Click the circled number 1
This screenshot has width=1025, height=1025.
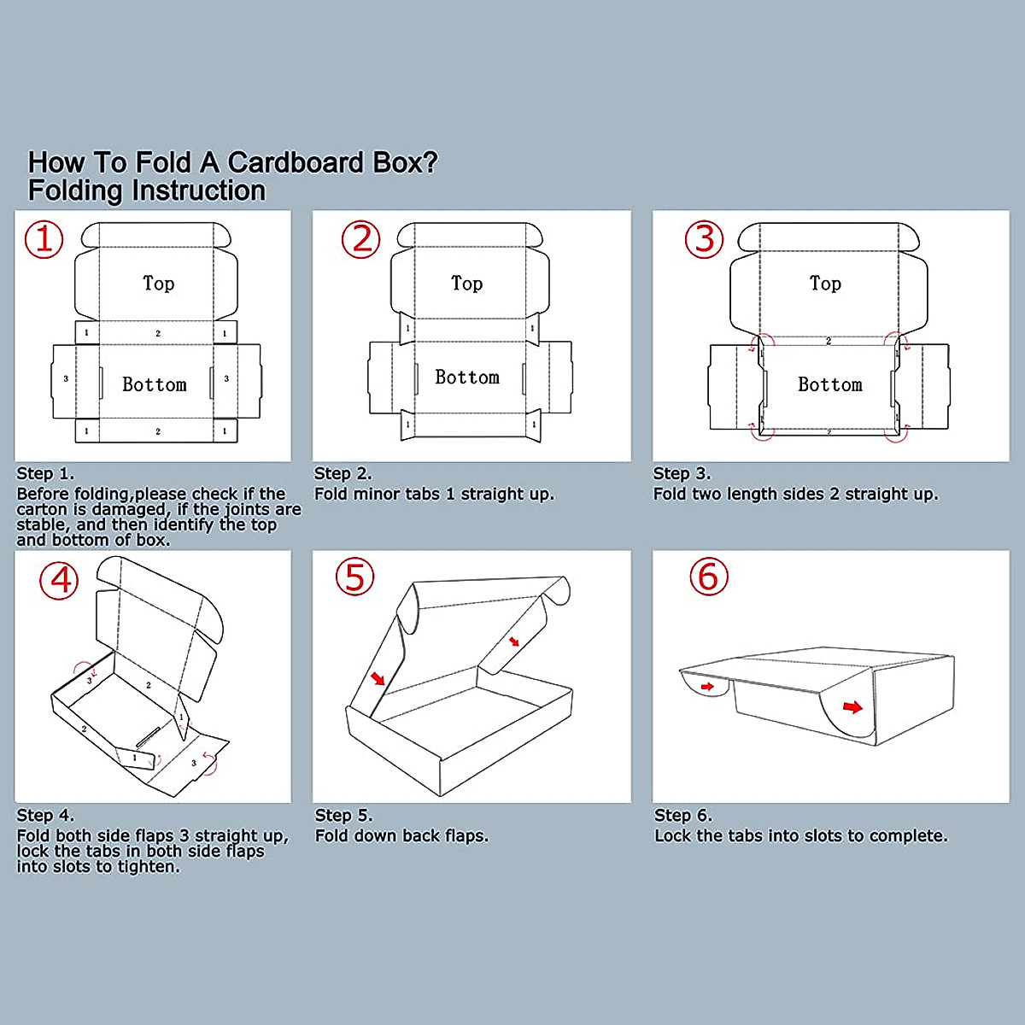click(x=44, y=239)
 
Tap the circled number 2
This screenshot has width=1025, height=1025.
click(x=361, y=239)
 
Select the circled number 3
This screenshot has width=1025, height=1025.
click(x=705, y=239)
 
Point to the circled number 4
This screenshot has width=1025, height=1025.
click(x=59, y=581)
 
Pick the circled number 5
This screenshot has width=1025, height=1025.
click(x=354, y=577)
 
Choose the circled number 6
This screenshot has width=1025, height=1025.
click(x=709, y=577)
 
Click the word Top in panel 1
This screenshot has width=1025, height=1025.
click(x=159, y=283)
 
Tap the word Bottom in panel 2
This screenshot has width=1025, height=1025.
click(x=467, y=377)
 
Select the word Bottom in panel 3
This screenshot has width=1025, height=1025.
click(x=830, y=384)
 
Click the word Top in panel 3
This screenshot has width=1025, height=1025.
click(x=825, y=283)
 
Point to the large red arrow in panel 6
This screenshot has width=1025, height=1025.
click(x=852, y=706)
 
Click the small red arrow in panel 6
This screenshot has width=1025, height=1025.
click(x=707, y=686)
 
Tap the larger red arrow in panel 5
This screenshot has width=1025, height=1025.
click(x=378, y=679)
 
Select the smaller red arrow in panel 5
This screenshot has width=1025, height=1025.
click(x=513, y=641)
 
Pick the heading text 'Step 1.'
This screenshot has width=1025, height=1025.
click(x=45, y=473)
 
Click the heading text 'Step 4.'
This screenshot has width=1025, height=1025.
click(x=45, y=815)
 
